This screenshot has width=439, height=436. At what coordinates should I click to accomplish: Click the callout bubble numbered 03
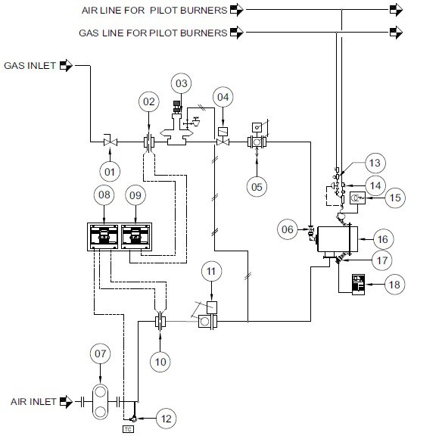[181, 83]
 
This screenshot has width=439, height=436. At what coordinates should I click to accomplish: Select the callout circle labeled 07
[100, 353]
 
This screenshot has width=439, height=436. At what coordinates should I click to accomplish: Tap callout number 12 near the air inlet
[166, 419]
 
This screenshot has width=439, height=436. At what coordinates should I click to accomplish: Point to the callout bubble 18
[394, 285]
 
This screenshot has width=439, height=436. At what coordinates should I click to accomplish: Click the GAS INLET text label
[30, 66]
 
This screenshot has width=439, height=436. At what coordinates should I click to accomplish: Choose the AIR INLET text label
[33, 401]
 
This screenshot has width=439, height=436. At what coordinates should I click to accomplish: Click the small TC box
[128, 429]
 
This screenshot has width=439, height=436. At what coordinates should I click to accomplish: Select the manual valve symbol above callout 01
[111, 141]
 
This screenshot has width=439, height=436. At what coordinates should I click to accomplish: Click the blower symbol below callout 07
[100, 401]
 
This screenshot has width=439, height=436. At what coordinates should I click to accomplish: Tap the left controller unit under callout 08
[104, 237]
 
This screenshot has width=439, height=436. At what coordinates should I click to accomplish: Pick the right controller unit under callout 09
[135, 237]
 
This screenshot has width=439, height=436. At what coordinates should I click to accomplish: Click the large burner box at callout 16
[337, 239]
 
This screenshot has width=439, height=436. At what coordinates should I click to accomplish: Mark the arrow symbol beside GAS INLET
[66, 66]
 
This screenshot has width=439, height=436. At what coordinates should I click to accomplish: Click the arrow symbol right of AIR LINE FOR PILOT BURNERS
[237, 10]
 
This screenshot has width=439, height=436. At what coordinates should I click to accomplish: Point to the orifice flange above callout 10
[160, 321]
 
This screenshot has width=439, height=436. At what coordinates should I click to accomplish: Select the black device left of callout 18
[358, 285]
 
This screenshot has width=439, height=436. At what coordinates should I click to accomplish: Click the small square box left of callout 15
[357, 198]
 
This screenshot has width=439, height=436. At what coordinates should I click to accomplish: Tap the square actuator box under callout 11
[212, 307]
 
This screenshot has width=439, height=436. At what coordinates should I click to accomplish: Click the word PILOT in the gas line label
[163, 33]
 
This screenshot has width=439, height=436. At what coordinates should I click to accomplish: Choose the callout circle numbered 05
[257, 187]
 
